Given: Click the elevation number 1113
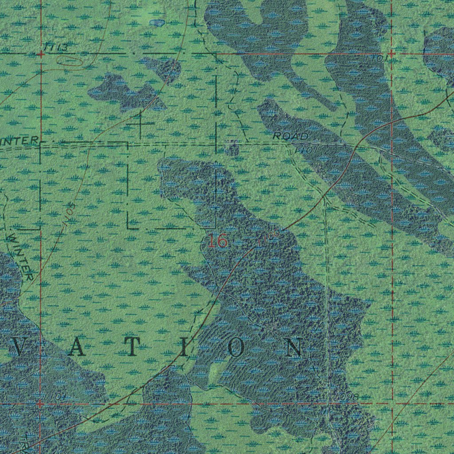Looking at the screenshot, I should point(56,47).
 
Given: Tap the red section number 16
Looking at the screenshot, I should point(218,242).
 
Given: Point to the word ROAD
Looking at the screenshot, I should point(290,136).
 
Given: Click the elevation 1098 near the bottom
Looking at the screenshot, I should point(347,396).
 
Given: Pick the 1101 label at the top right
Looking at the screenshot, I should point(377,58).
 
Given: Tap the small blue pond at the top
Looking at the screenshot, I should point(157,22).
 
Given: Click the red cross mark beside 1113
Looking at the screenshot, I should point(40,55).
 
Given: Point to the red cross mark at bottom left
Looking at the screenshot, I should point(40,404).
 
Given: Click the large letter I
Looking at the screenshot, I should point(184,349).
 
